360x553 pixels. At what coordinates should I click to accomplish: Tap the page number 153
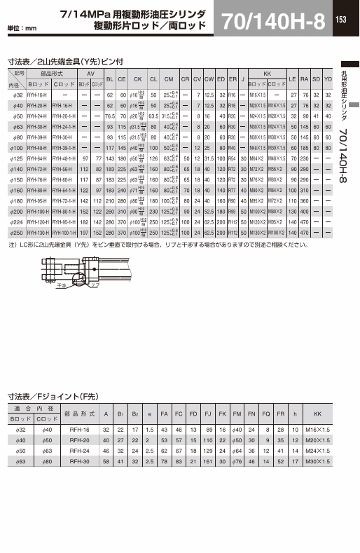[341, 20]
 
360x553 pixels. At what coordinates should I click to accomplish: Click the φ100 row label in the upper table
[15, 149]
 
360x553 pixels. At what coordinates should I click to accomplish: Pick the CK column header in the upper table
[138, 78]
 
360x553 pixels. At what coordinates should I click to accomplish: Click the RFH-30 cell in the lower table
[79, 462]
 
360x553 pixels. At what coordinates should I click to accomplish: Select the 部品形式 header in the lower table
[79, 414]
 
